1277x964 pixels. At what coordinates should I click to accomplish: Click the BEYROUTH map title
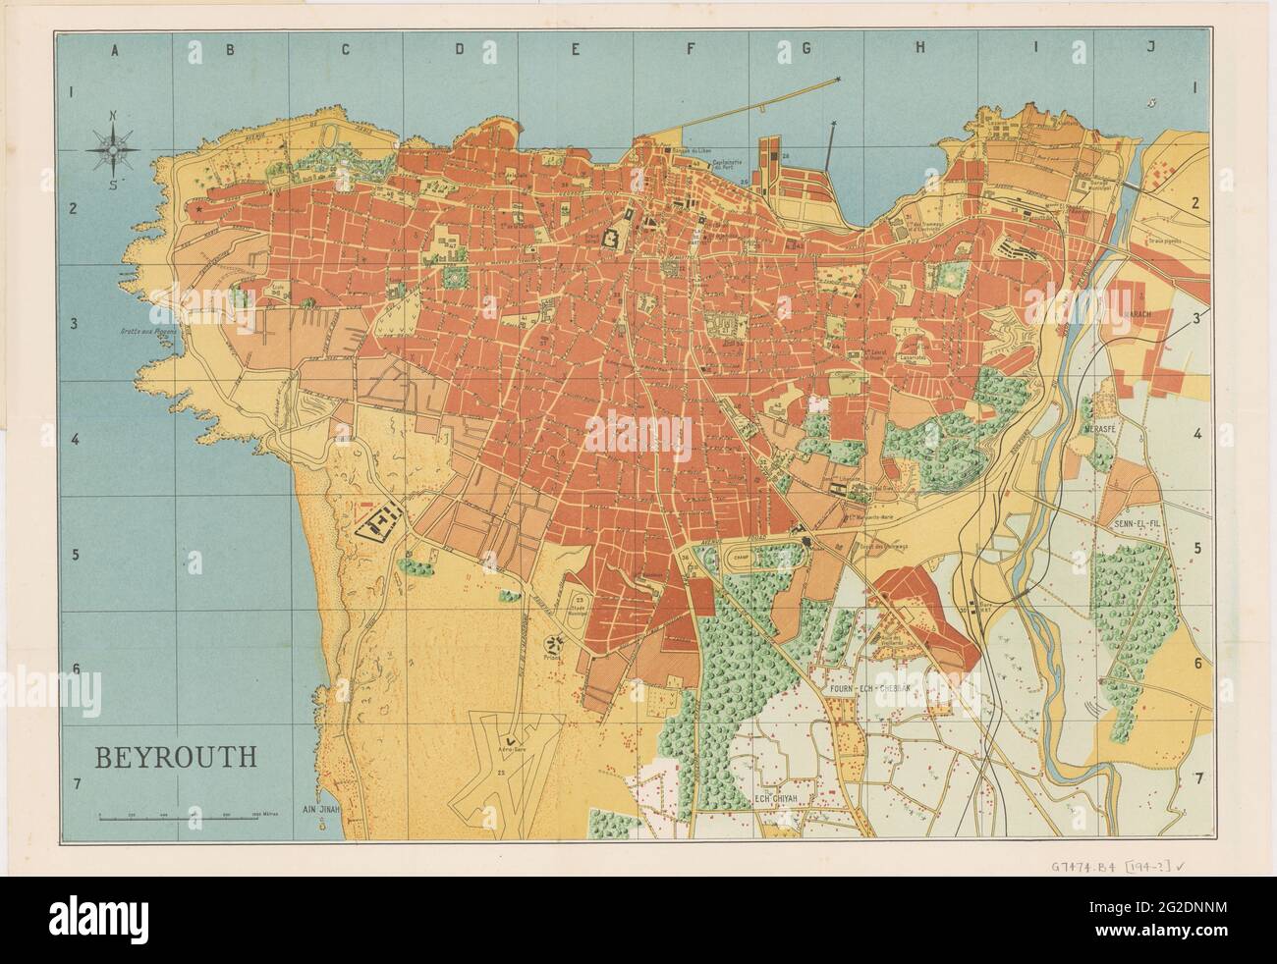click(x=176, y=757)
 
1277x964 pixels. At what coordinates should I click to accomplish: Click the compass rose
click(x=114, y=150)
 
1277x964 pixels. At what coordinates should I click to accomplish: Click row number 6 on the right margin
click(x=1196, y=663)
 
